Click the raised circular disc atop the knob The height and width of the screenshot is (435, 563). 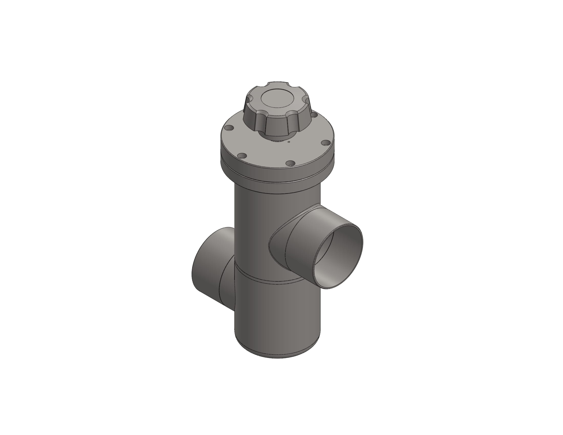pos(277,99)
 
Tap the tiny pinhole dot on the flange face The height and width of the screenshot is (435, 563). pos(289,142)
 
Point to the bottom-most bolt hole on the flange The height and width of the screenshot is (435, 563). pos(290,163)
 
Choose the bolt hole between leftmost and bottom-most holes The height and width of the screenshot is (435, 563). pos(242,155)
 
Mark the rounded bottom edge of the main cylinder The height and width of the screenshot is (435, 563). pos(277,355)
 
